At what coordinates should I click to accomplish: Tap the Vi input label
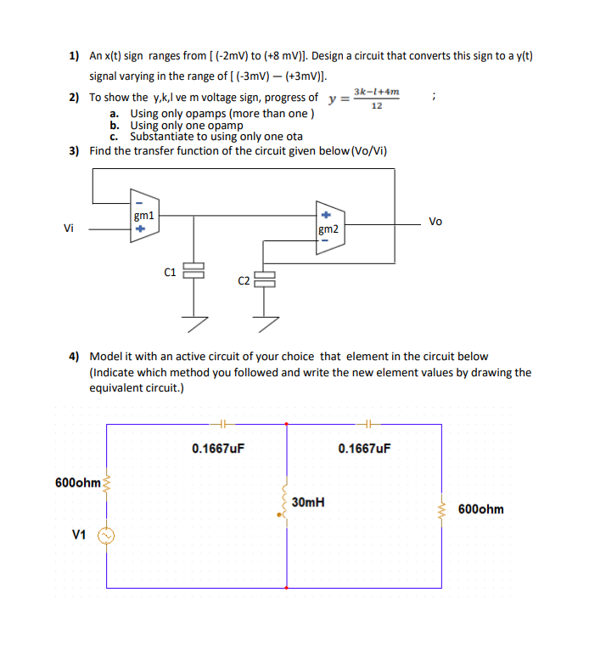pyautogui.click(x=68, y=228)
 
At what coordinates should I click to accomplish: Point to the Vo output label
pyautogui.click(x=435, y=222)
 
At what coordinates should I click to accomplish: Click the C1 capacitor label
pyautogui.click(x=170, y=272)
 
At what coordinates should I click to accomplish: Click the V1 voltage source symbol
pyautogui.click(x=108, y=535)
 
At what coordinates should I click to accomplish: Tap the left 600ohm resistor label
pyautogui.click(x=77, y=483)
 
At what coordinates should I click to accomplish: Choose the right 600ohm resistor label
pyautogui.click(x=480, y=509)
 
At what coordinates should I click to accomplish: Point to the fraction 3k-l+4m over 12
pyautogui.click(x=377, y=98)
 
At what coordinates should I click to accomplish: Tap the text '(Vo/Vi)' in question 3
pyautogui.click(x=370, y=151)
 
